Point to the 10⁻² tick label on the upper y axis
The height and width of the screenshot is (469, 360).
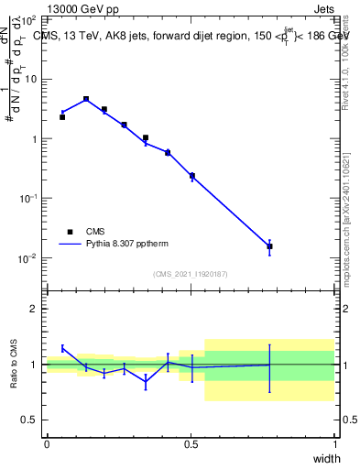pyautogui.click(x=27, y=258)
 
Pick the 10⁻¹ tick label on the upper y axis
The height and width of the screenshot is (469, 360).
pyautogui.click(x=27, y=199)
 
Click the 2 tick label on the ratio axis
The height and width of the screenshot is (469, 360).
pyautogui.click(x=34, y=309)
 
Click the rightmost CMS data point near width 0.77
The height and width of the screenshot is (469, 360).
pyautogui.click(x=269, y=246)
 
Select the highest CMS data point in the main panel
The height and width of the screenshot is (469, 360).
pyautogui.click(x=86, y=99)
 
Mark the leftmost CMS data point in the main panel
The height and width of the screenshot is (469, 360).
pyautogui.click(x=62, y=117)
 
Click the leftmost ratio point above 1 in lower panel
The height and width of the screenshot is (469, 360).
pyautogui.click(x=62, y=348)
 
